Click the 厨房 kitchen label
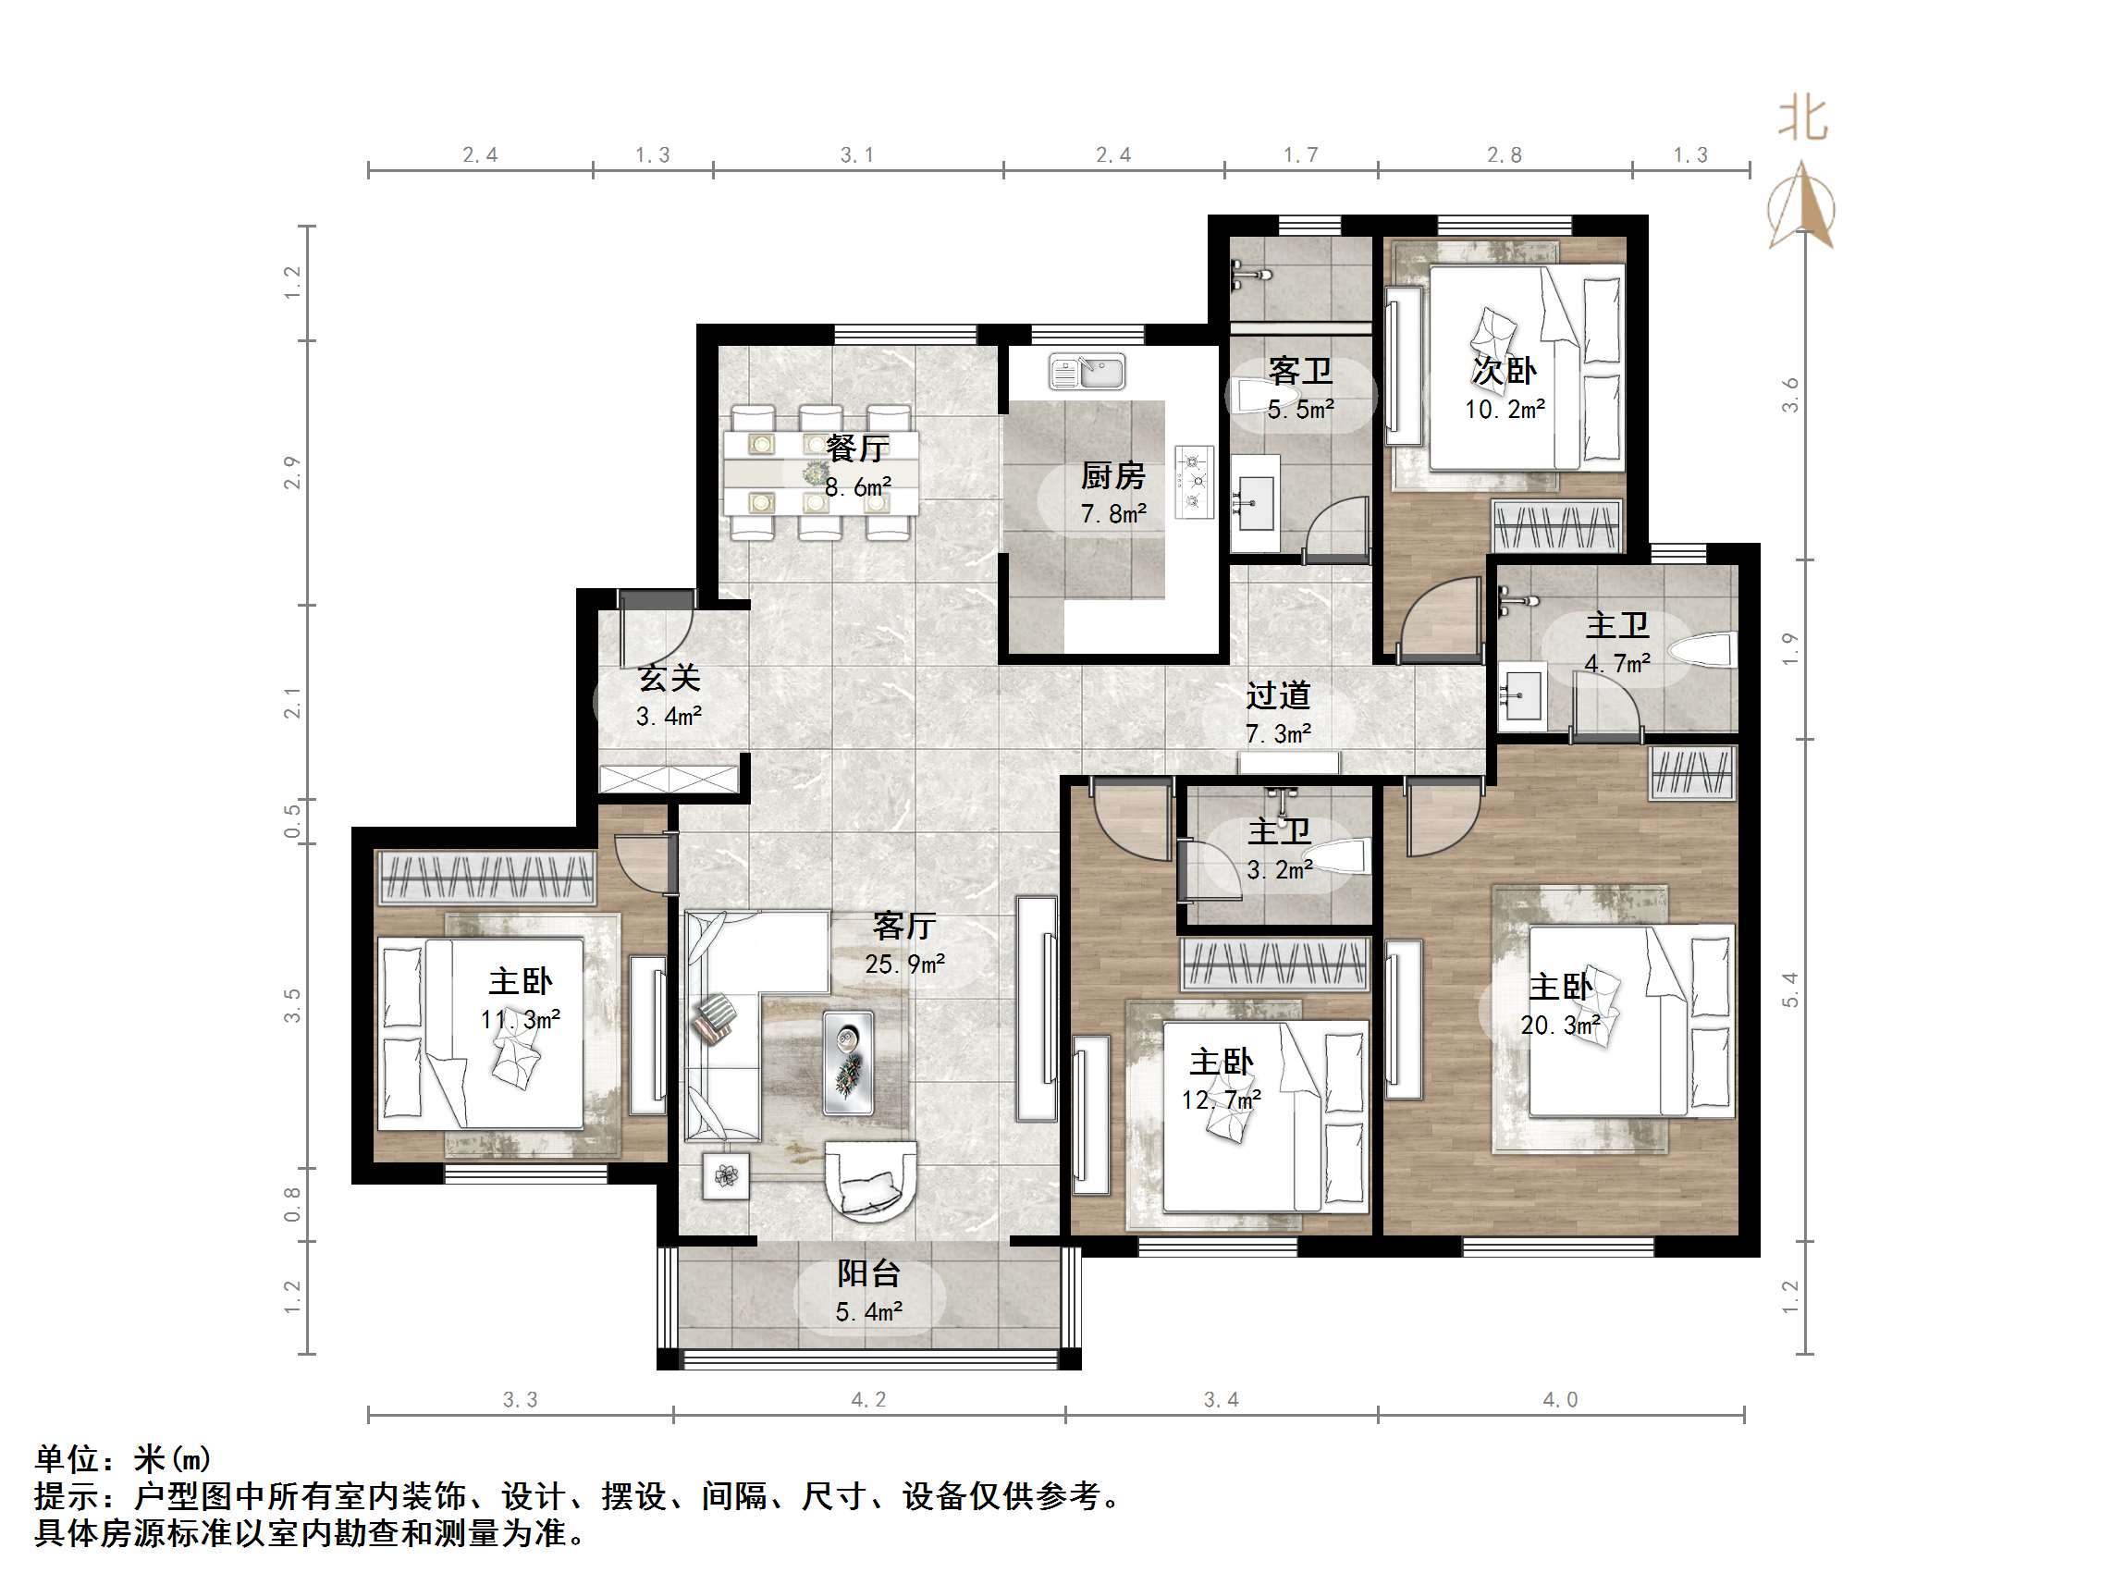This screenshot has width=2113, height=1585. click(1112, 476)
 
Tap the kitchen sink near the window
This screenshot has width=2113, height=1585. click(1087, 372)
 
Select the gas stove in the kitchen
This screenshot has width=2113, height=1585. click(1193, 482)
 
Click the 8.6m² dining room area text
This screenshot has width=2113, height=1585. click(858, 487)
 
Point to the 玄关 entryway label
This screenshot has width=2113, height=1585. click(669, 679)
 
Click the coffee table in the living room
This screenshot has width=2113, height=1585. click(848, 1063)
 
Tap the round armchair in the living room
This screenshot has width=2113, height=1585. click(870, 1181)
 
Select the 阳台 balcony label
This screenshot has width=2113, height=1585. click(868, 1273)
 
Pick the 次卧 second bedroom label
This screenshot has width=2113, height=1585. click(1504, 371)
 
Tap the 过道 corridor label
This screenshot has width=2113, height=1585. click(1277, 695)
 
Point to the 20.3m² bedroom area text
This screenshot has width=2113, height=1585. click(1560, 1026)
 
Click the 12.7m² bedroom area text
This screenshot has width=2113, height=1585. click(1221, 1100)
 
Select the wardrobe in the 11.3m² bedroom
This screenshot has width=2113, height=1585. click(487, 877)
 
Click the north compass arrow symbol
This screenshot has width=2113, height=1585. click(1801, 206)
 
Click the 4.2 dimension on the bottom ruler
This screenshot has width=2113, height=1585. click(868, 1400)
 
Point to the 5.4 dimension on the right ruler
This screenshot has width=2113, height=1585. click(1790, 989)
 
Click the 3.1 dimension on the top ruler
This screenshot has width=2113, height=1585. click(857, 154)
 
